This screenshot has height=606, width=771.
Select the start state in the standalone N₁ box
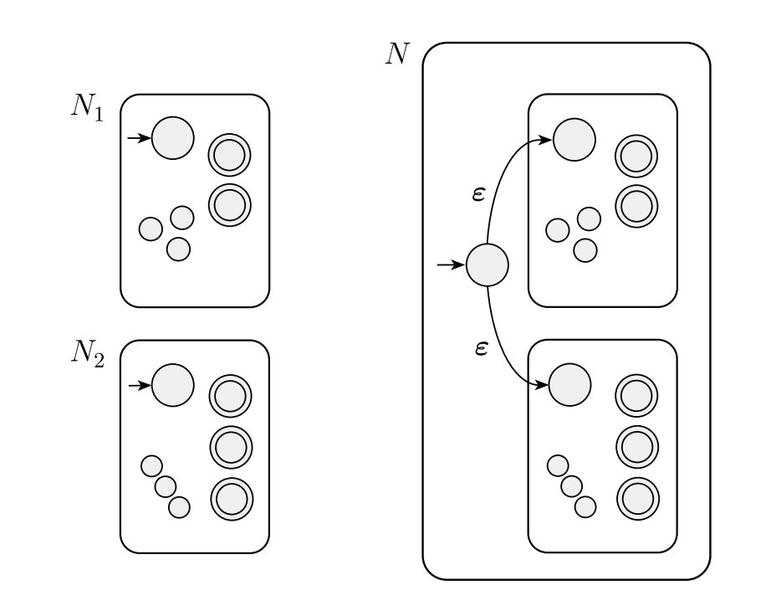click(172, 137)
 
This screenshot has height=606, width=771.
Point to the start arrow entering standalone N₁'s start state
click(138, 137)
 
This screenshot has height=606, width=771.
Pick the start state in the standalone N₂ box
click(172, 385)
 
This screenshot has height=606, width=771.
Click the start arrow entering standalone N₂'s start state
click(138, 385)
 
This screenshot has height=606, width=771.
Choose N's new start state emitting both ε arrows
click(487, 265)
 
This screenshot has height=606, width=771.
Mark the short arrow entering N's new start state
click(452, 265)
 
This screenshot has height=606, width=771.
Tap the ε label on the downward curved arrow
click(481, 345)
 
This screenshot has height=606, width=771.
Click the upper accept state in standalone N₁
click(230, 155)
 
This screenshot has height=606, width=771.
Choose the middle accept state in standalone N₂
click(230, 448)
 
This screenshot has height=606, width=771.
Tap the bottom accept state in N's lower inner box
click(637, 499)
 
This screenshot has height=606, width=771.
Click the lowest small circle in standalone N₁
click(178, 249)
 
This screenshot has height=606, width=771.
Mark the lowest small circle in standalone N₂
click(179, 506)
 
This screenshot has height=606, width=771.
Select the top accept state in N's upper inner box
click(636, 155)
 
